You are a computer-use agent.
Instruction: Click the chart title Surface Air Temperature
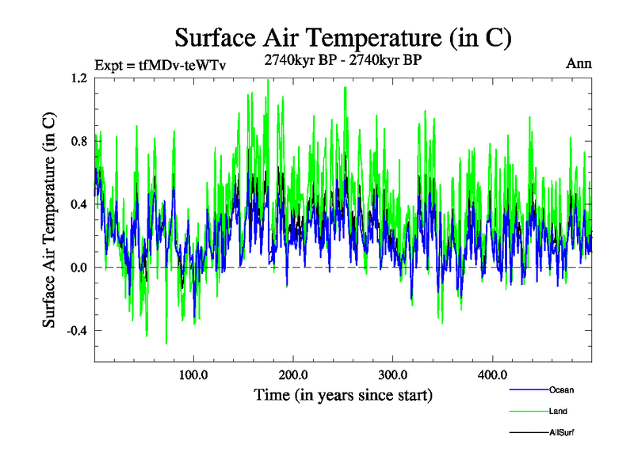click(342, 37)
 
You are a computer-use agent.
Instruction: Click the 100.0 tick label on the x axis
click(193, 375)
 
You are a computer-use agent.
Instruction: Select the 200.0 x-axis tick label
click(293, 375)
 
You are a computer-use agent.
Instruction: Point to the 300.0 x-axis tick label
click(393, 375)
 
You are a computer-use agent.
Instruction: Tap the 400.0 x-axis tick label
click(493, 375)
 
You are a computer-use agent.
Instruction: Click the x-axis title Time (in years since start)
click(343, 394)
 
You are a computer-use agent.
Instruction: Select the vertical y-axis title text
click(49, 221)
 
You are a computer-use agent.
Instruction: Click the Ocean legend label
click(561, 389)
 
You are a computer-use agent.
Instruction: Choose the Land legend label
click(558, 411)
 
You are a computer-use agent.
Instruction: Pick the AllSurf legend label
click(562, 432)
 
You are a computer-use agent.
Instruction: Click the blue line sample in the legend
click(528, 389)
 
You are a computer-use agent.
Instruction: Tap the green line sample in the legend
click(528, 411)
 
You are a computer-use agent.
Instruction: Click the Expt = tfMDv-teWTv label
click(160, 65)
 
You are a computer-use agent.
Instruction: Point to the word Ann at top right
click(579, 63)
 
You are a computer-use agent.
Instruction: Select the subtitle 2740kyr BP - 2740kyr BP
click(342, 60)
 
